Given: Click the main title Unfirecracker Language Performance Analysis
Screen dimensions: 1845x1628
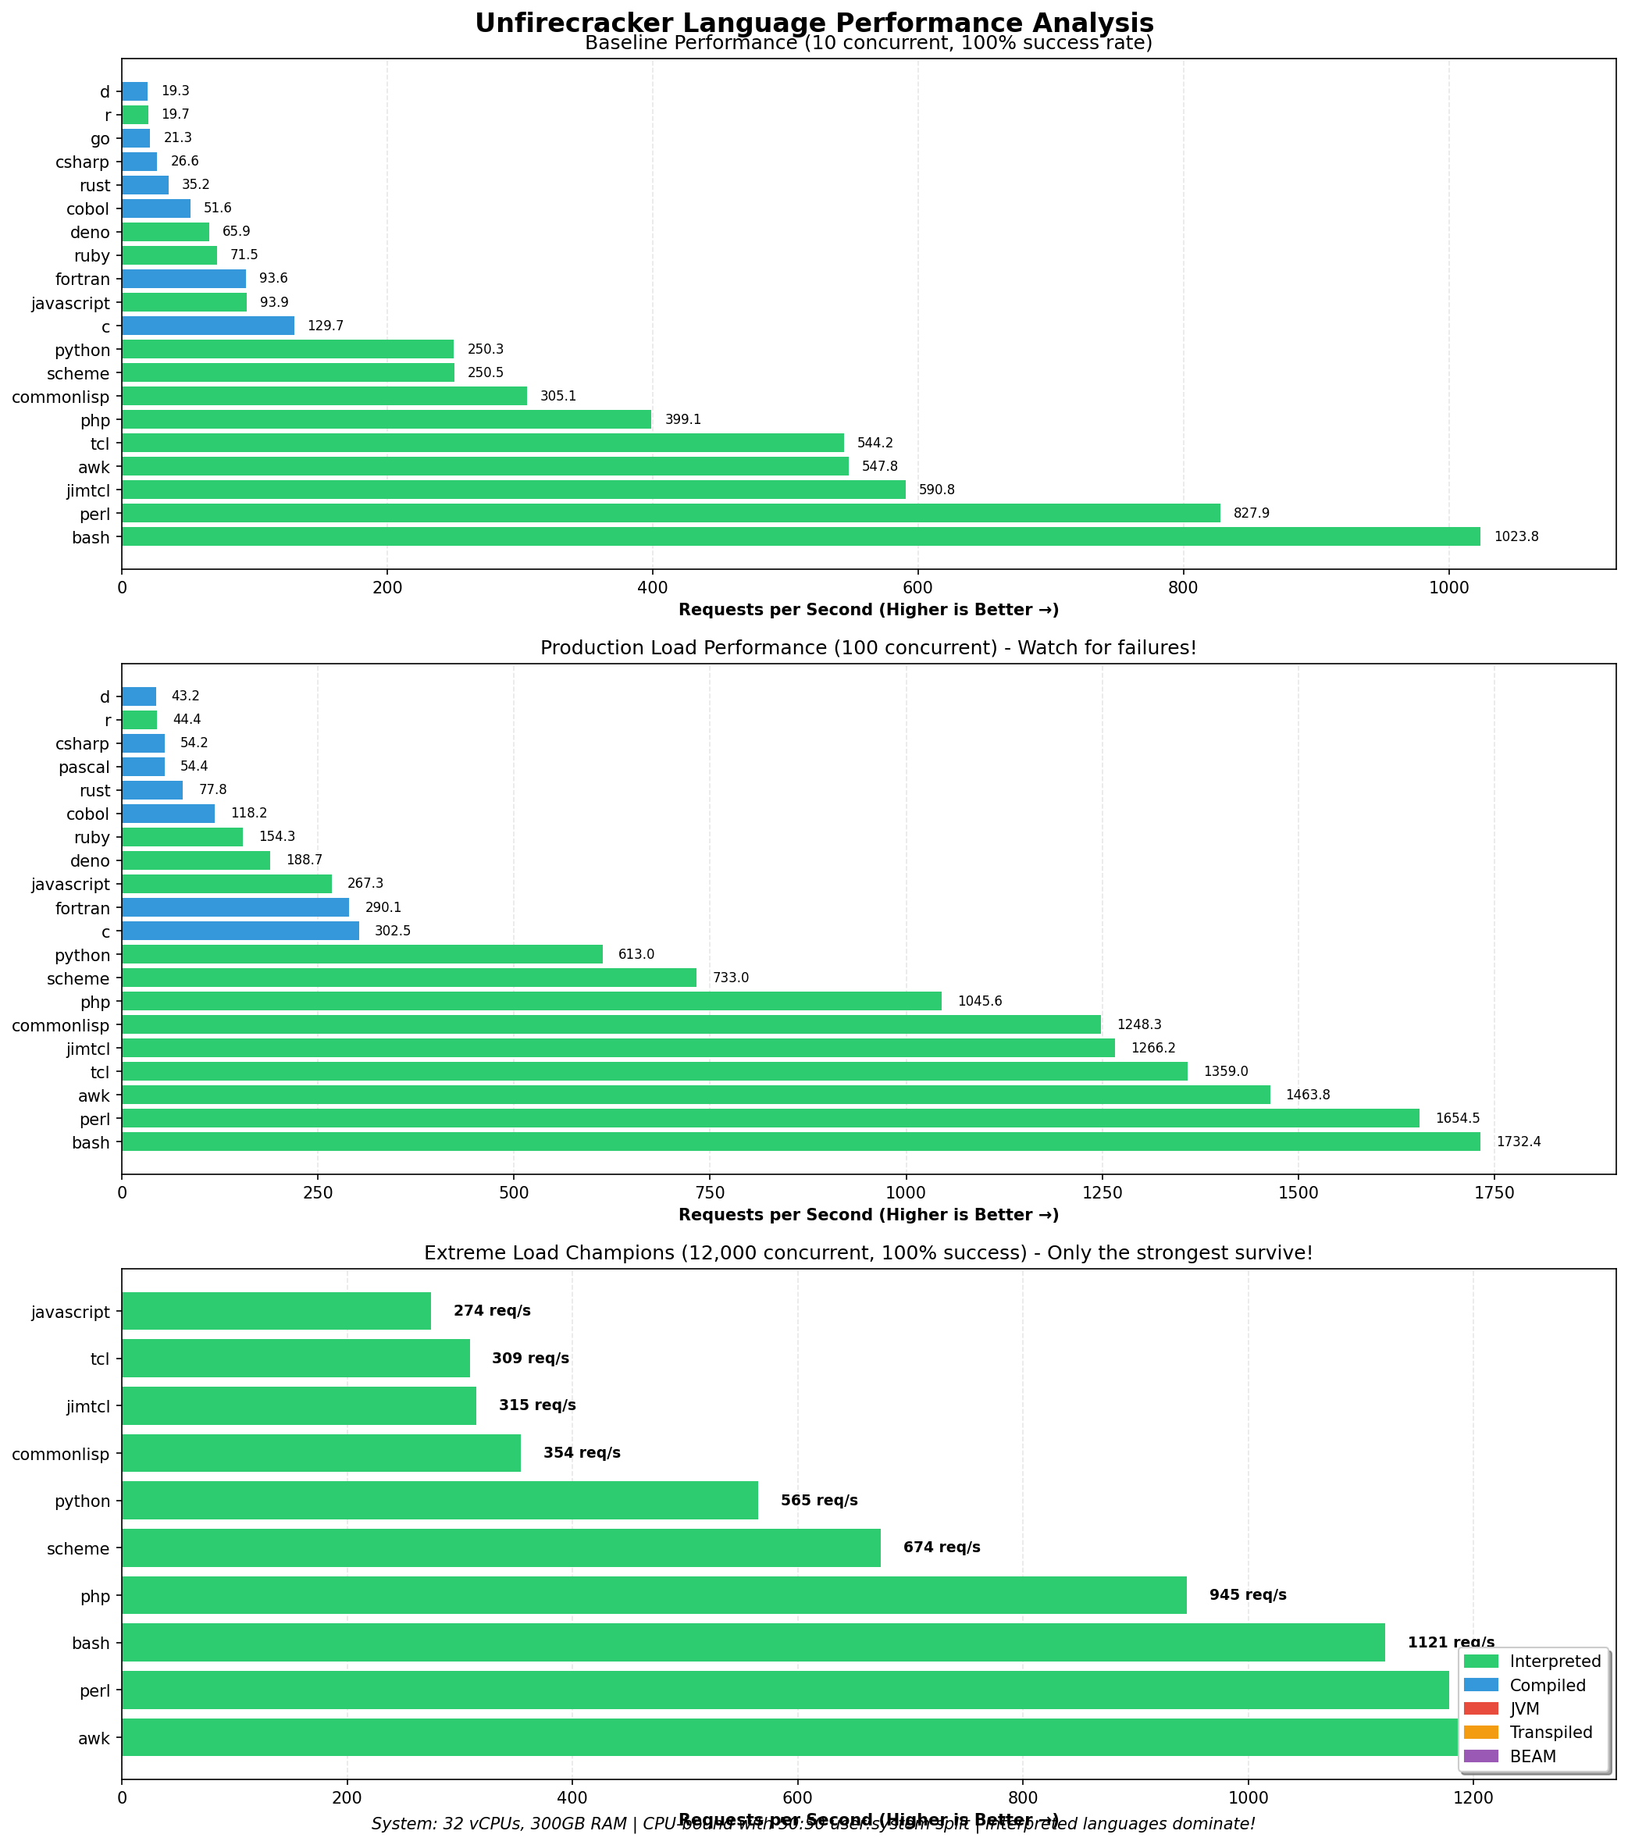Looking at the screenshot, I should (814, 22).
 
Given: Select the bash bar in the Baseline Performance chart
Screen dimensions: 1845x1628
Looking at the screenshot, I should (800, 537).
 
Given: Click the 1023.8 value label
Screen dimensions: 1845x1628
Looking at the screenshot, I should (1516, 537).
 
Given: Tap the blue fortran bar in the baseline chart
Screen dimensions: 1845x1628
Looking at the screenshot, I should (183, 279).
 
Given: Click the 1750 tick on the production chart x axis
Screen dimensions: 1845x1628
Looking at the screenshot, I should (1494, 1194).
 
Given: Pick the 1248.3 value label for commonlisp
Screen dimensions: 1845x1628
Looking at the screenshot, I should (1139, 1025).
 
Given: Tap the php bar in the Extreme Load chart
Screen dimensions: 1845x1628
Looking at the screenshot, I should (654, 1595).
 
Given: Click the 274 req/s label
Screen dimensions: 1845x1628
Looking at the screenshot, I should (492, 1311).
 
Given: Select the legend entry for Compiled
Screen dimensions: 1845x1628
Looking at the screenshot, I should (1547, 1685).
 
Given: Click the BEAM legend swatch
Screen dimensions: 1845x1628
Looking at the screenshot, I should (1481, 1757).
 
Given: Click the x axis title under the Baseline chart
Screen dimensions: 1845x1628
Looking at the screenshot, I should (868, 611).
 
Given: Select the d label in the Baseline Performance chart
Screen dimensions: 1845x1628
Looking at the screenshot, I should (105, 91).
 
